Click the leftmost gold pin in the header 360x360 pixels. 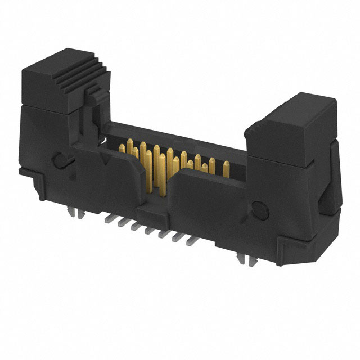click(121, 147)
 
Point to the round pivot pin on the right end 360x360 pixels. click(258, 209)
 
